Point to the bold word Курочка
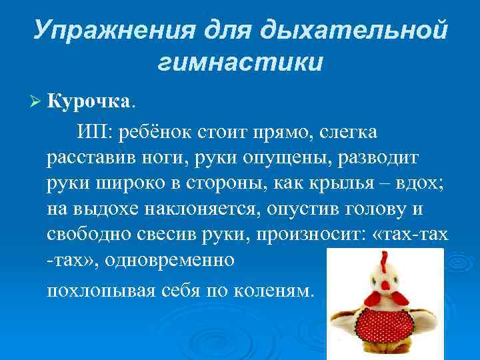click(90, 101)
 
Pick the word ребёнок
click(154, 132)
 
